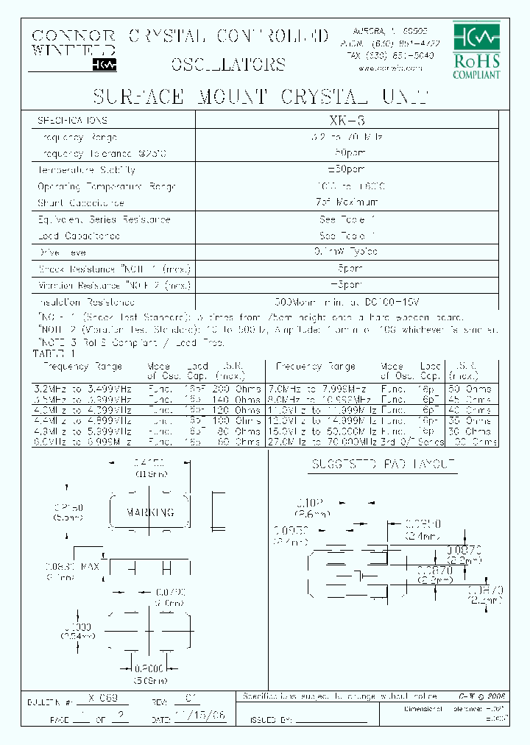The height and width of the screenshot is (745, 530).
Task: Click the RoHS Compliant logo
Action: (x=476, y=49)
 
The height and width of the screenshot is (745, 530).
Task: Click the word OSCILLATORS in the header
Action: (x=228, y=63)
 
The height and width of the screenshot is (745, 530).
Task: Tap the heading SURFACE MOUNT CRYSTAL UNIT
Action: (x=260, y=97)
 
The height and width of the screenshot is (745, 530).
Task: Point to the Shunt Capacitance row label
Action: (x=81, y=202)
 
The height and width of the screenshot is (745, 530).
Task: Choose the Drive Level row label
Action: (x=72, y=253)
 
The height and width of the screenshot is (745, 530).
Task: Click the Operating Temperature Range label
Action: (x=107, y=186)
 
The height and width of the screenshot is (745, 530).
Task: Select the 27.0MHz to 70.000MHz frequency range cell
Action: (x=325, y=442)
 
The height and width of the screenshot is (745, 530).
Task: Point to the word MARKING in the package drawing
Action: (x=150, y=512)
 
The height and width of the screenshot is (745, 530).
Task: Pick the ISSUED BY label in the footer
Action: (x=272, y=719)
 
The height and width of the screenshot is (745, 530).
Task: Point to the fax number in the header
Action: (x=384, y=55)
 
